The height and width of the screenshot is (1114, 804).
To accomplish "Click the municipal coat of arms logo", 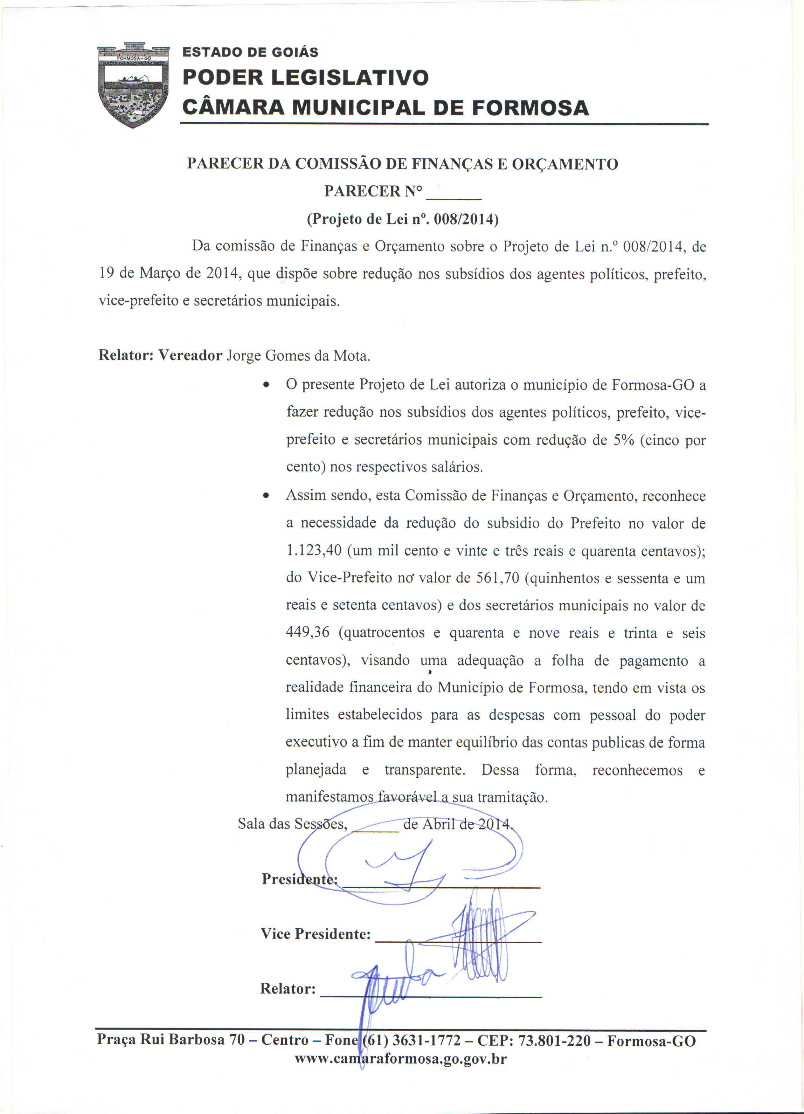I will tap(133, 85).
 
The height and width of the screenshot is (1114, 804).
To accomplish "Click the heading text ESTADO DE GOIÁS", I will tap(250, 52).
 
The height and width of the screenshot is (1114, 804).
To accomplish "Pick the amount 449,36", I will tap(307, 632).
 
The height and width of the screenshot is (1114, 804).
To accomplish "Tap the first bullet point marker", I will tap(266, 385).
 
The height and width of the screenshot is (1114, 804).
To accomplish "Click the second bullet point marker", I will tap(266, 496).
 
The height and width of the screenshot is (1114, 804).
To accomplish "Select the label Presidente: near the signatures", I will tap(299, 879).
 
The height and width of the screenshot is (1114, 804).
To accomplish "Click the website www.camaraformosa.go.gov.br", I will tap(400, 1058).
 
